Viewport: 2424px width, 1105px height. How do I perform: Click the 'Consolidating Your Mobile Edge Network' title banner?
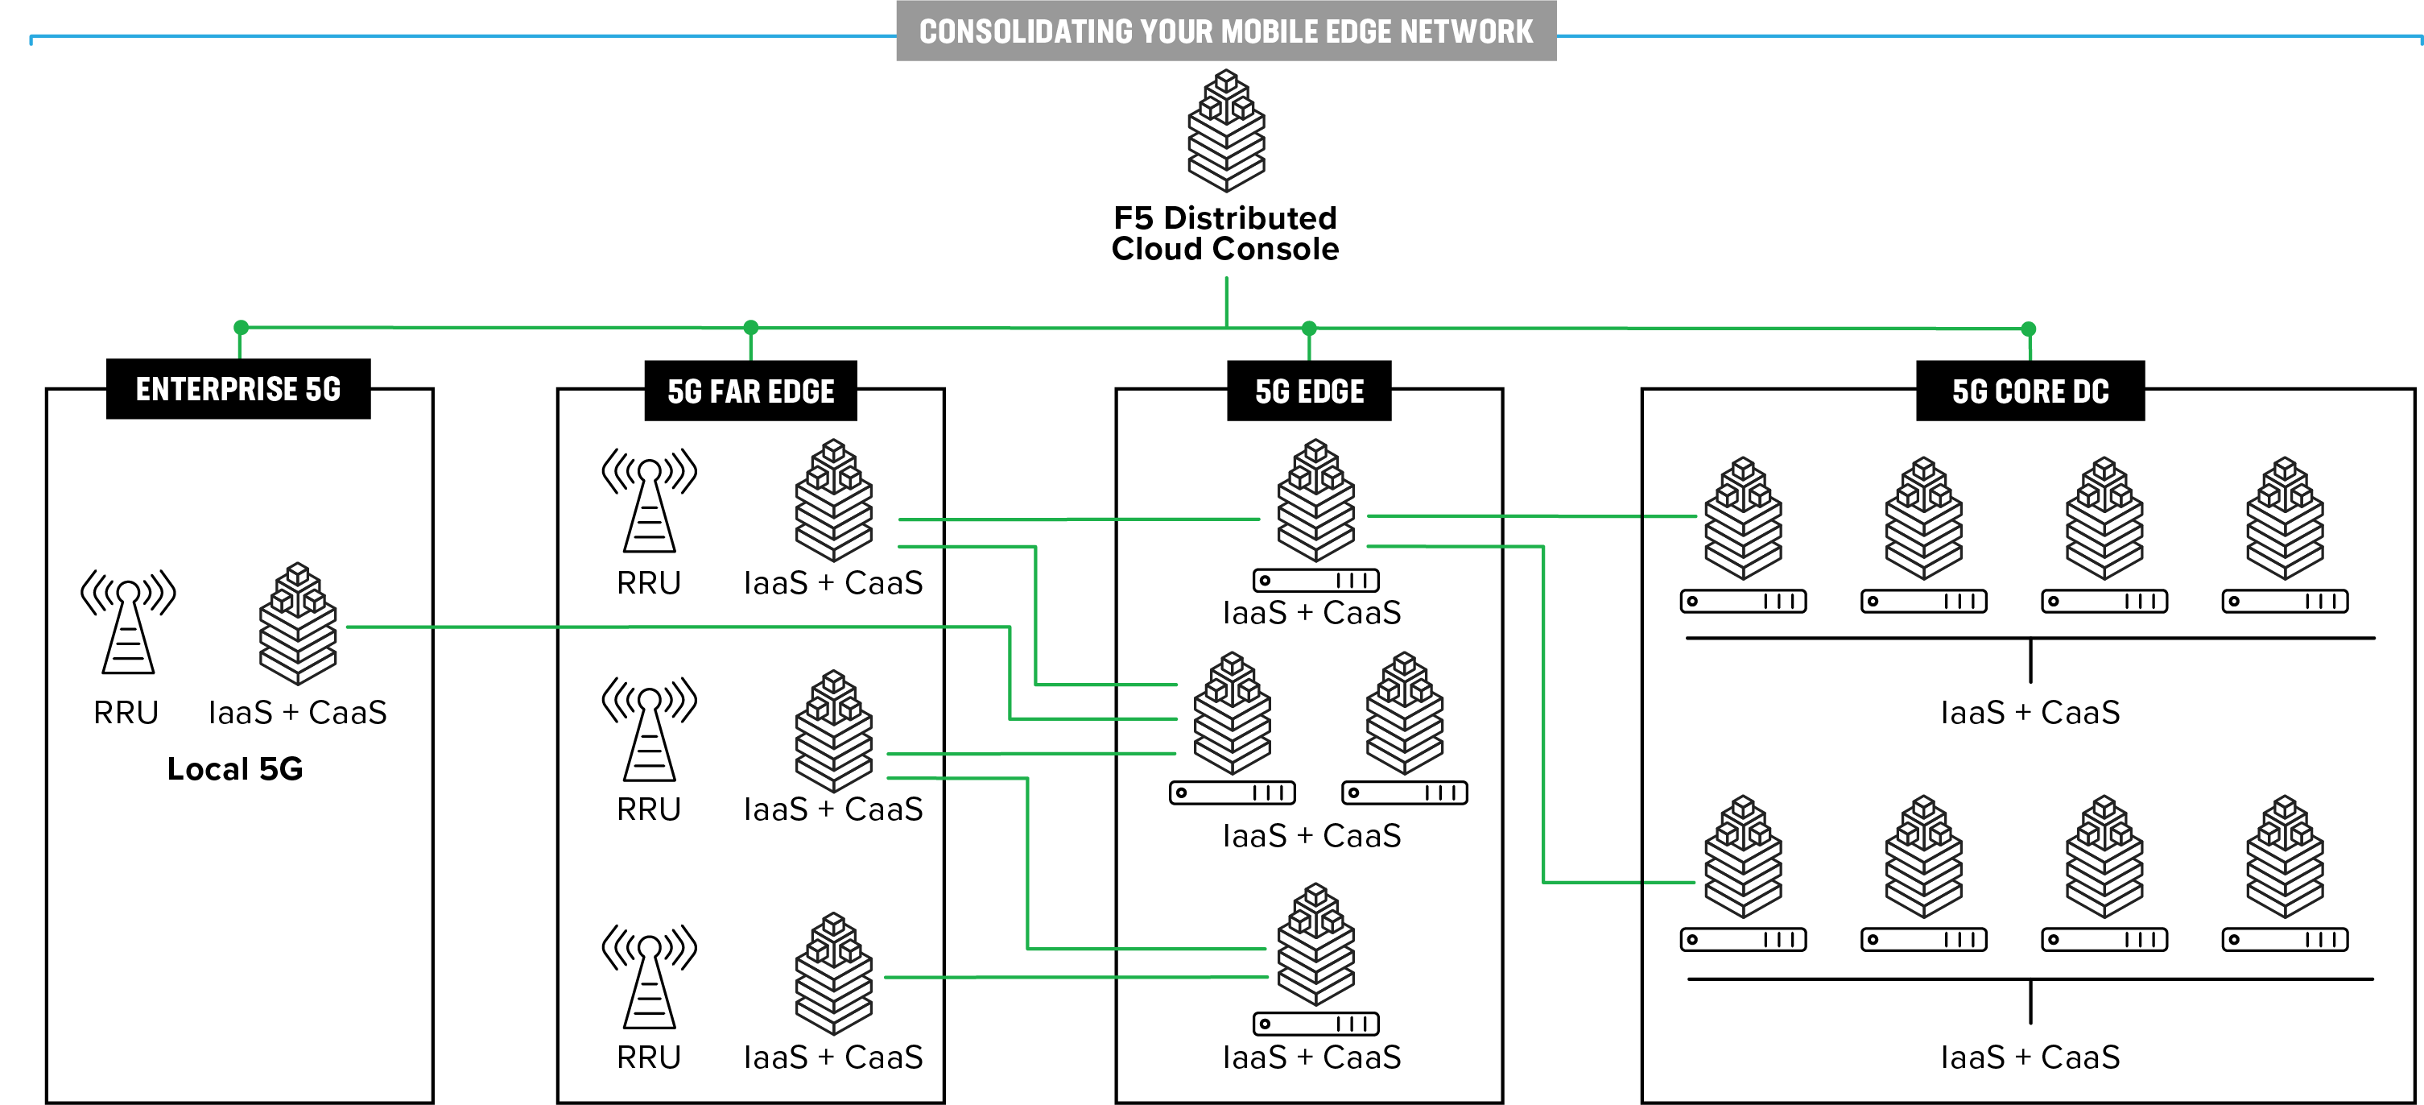1225,31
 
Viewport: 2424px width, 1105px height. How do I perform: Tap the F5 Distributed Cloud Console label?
1224,234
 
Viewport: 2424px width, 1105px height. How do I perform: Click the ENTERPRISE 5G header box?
238,389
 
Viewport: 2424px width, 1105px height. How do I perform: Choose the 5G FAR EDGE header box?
750,391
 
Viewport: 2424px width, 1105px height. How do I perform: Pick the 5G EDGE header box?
1309,391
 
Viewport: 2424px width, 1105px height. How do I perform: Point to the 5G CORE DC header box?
2030,391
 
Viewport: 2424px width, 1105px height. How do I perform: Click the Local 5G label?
235,769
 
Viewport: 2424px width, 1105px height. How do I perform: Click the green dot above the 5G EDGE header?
1309,329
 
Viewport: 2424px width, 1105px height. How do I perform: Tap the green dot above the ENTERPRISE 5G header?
241,328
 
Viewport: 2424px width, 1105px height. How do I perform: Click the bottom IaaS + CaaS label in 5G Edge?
1311,1057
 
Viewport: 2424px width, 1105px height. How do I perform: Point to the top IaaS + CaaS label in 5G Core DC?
2030,713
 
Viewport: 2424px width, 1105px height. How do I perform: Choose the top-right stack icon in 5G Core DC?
2285,518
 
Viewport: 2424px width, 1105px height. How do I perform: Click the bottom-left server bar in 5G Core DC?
1743,939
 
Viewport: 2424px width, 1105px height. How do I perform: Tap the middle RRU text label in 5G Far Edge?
648,809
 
